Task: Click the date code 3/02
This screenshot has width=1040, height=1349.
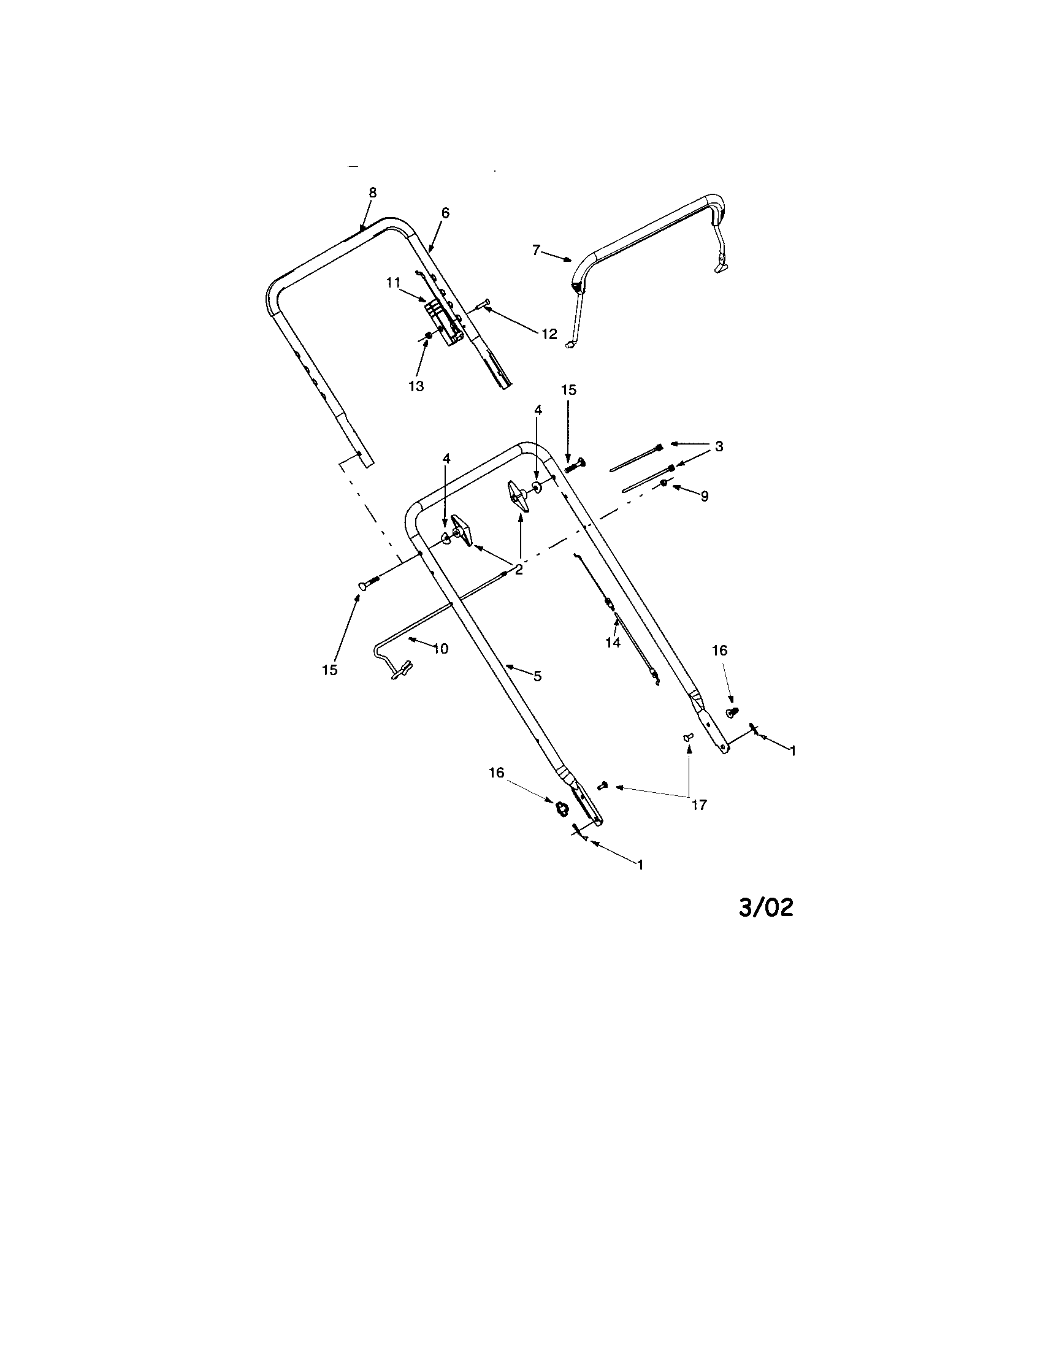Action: coord(766,908)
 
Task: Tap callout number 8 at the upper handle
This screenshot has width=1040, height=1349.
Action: coord(372,192)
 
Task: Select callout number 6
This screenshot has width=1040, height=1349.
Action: coord(445,213)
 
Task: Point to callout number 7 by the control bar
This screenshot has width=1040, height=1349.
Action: coord(536,250)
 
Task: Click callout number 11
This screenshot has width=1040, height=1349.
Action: coord(394,282)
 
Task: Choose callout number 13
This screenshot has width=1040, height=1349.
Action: coord(416,386)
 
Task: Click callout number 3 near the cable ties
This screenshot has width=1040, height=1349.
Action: coord(719,446)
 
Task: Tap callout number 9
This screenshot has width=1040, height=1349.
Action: coord(705,495)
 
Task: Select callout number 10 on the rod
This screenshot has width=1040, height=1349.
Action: coord(440,649)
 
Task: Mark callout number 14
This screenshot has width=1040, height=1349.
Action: coord(613,643)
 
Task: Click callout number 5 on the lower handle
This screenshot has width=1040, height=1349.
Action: coord(537,676)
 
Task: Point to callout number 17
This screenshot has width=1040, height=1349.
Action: coord(699,805)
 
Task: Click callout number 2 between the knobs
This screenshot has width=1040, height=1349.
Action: coord(519,570)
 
